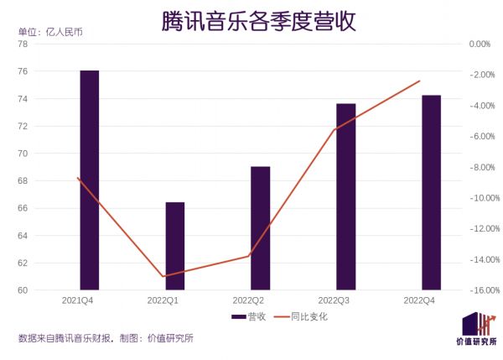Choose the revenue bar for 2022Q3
[x=345, y=196]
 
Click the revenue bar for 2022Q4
[x=431, y=192]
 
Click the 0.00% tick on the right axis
[x=480, y=44]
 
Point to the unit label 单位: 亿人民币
[x=50, y=32]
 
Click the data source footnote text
[x=106, y=338]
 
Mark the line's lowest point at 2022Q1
[x=163, y=276]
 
